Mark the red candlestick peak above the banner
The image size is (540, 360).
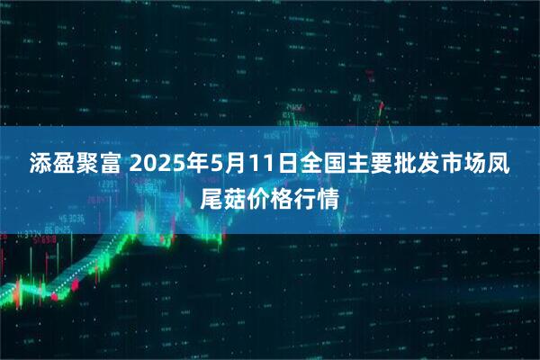coord(382,105)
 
